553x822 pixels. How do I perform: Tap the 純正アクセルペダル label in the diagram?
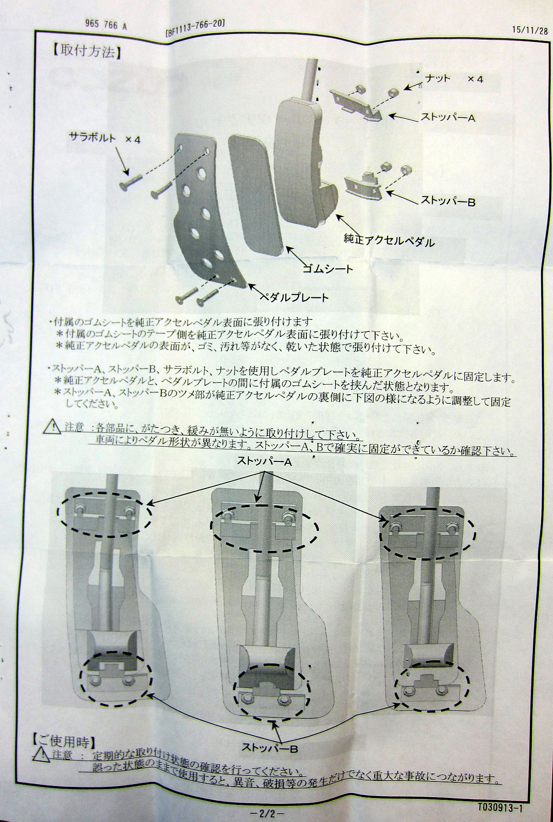[389, 240]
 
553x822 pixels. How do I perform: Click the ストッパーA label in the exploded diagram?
[448, 118]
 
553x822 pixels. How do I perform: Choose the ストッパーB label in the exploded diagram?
[448, 201]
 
